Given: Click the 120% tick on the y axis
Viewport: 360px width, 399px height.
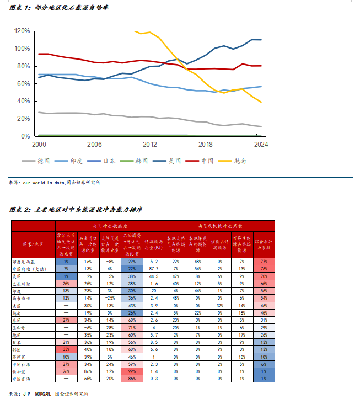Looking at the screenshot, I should coord(22,31).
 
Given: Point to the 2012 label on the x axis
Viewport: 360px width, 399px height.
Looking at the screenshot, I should coord(149,145).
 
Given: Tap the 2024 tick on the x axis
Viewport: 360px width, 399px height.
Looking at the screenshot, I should coord(261,145).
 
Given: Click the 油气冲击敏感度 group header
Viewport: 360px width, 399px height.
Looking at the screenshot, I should coord(110,226).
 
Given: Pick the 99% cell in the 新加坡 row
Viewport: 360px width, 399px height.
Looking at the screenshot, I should coord(132,371).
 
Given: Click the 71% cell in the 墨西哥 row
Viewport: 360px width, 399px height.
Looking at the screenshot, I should coord(132,327).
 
